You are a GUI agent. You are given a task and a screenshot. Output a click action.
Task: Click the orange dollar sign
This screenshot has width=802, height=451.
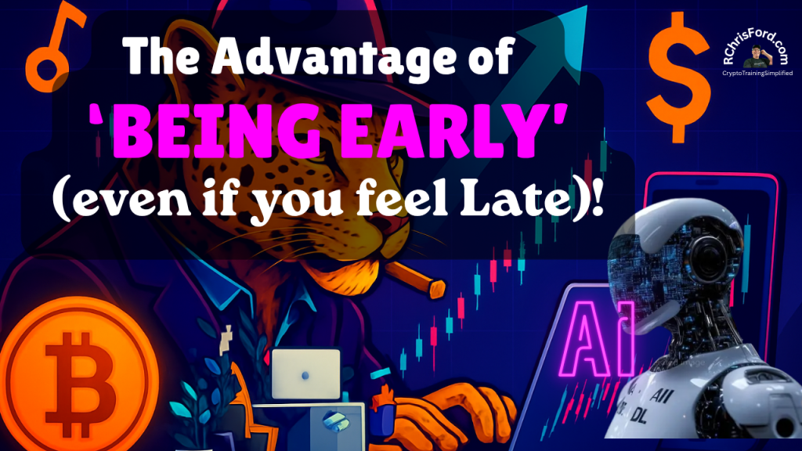(x=678, y=78)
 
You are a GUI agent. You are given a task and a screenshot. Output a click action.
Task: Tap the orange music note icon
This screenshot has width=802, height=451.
(x=54, y=46)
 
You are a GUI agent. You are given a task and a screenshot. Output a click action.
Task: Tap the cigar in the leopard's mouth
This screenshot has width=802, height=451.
(x=416, y=280)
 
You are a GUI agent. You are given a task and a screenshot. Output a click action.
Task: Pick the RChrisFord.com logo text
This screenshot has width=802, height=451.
(x=756, y=47)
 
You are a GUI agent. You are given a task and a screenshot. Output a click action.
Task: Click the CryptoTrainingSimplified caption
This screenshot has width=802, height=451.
(x=757, y=73)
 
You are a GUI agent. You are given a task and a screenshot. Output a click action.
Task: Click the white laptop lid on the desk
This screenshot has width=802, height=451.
(x=306, y=373)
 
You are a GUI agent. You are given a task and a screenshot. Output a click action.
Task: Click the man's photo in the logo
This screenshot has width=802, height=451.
(x=757, y=56)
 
